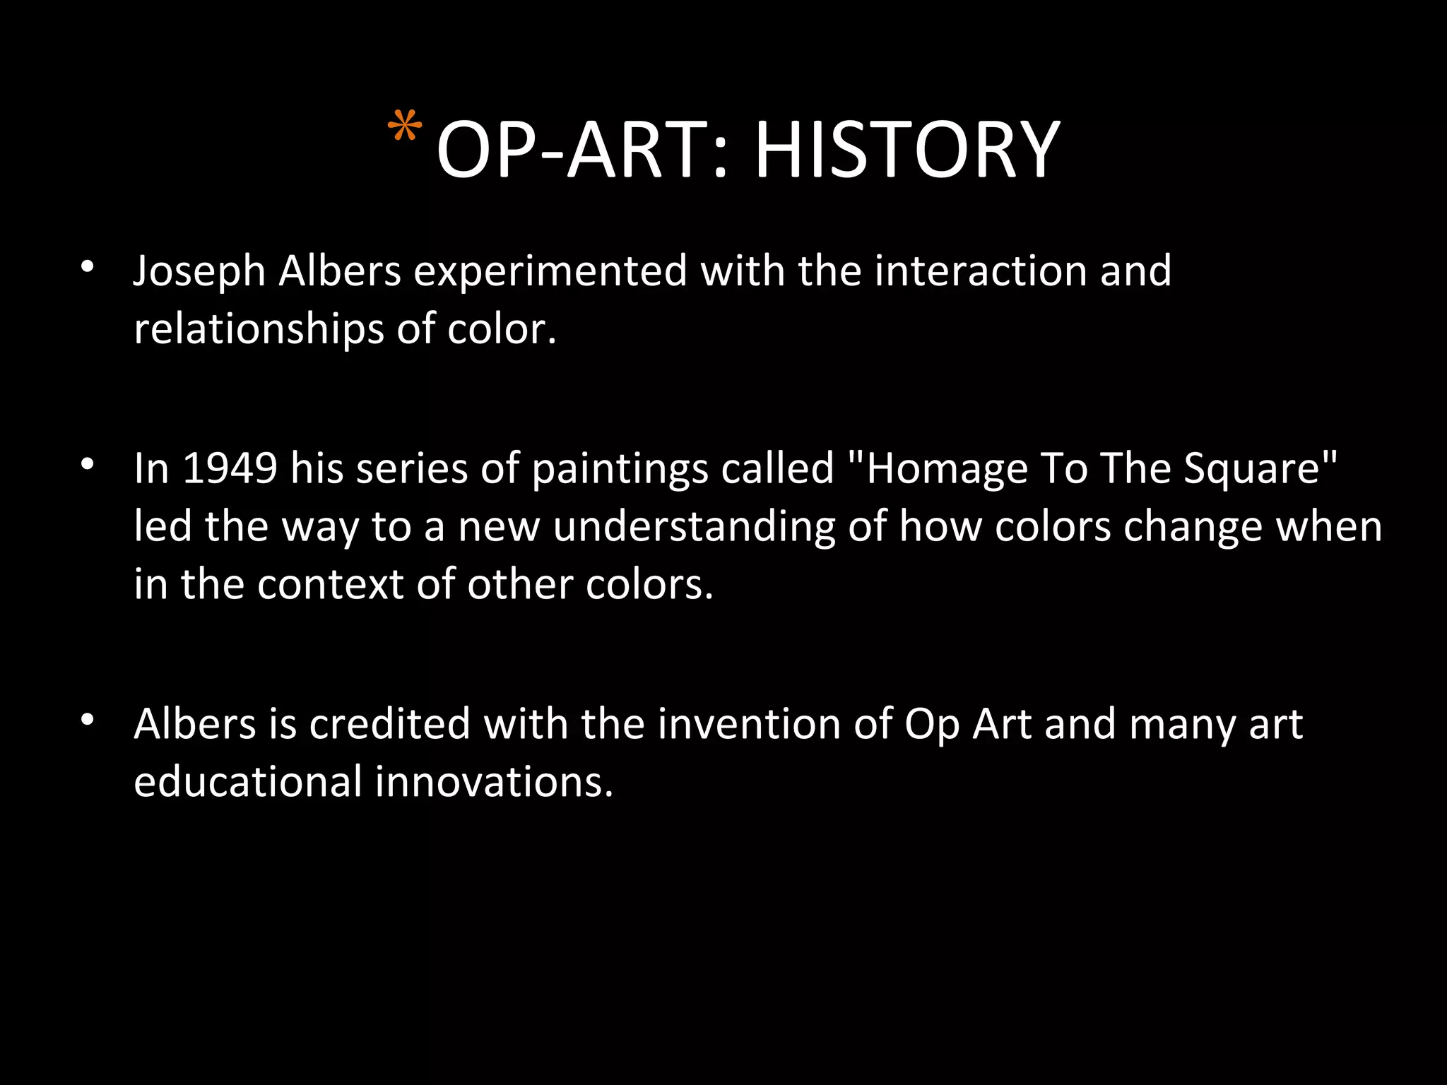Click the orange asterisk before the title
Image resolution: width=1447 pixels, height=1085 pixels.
(405, 129)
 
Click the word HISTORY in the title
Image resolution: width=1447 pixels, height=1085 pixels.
(907, 150)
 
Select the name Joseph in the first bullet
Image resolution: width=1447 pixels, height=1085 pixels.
(199, 273)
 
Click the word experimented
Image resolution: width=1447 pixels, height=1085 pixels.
(550, 273)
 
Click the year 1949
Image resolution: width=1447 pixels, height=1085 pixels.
(230, 468)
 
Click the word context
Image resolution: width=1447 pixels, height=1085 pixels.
(330, 585)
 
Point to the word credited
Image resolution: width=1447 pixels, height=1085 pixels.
(390, 725)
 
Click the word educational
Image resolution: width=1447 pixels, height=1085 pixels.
(247, 783)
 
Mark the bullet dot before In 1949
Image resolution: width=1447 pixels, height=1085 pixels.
(87, 464)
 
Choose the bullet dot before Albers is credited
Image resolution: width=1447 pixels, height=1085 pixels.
(87, 720)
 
